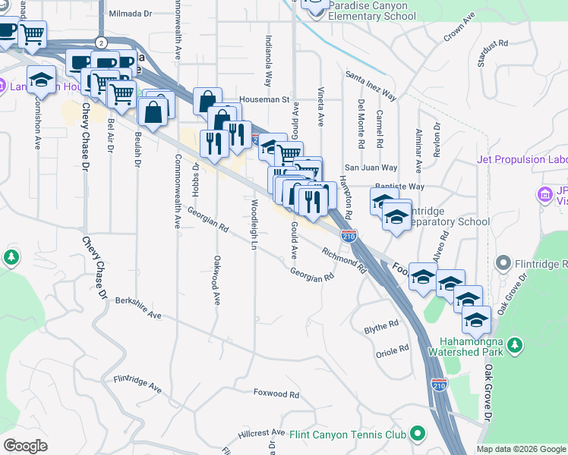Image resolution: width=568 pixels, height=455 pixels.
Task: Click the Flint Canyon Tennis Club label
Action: click(x=349, y=435)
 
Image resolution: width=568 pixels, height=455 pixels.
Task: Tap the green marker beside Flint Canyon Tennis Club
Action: click(x=417, y=434)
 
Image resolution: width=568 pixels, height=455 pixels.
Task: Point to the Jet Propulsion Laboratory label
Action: click(x=522, y=159)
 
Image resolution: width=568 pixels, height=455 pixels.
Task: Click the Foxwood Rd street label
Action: click(x=276, y=394)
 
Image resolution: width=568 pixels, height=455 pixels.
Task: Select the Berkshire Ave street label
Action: click(x=138, y=307)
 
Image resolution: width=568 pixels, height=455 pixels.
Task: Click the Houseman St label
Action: click(x=266, y=99)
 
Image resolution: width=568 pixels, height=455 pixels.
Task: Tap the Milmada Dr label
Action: click(x=131, y=14)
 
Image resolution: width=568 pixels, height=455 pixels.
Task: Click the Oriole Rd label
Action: click(x=393, y=351)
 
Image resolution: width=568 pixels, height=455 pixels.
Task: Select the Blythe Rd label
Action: click(x=381, y=325)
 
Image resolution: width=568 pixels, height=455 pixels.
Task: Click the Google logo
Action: click(x=25, y=446)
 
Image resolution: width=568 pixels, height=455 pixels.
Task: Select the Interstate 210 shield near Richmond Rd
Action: click(x=349, y=236)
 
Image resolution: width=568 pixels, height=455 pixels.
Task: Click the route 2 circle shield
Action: click(x=101, y=42)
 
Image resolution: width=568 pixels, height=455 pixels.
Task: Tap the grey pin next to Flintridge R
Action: click(x=503, y=263)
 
